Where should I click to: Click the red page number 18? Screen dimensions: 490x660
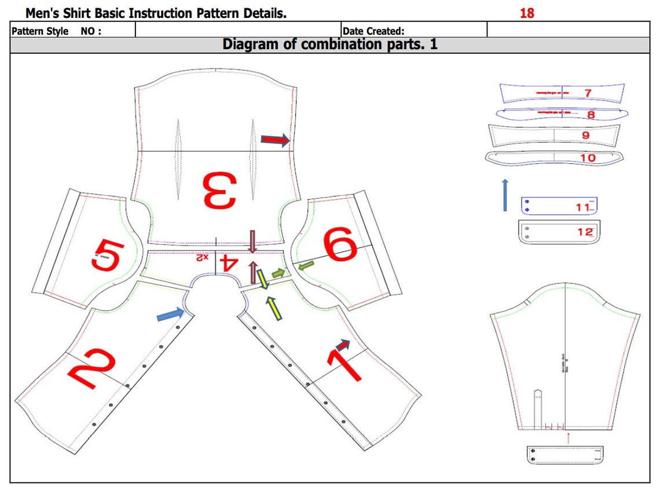pyautogui.click(x=527, y=13)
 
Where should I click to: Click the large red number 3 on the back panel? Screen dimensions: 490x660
pyautogui.click(x=219, y=191)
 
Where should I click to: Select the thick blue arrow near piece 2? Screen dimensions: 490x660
pyautogui.click(x=171, y=315)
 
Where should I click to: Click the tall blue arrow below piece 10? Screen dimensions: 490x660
pyautogui.click(x=505, y=195)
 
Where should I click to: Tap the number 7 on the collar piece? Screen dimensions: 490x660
pyautogui.click(x=588, y=93)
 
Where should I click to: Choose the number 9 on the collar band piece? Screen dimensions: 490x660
pyautogui.click(x=585, y=135)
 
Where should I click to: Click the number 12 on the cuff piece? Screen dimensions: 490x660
pyautogui.click(x=585, y=232)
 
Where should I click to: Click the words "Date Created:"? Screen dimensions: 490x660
pyautogui.click(x=373, y=31)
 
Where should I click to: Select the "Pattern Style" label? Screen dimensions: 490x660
pyautogui.click(x=40, y=31)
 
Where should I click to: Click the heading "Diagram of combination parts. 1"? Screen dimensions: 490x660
pyautogui.click(x=330, y=45)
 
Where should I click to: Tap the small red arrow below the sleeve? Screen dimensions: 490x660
pyautogui.click(x=568, y=437)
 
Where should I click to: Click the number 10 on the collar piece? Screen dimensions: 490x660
pyautogui.click(x=587, y=158)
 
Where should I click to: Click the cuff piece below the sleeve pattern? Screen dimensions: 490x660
pyautogui.click(x=564, y=455)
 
